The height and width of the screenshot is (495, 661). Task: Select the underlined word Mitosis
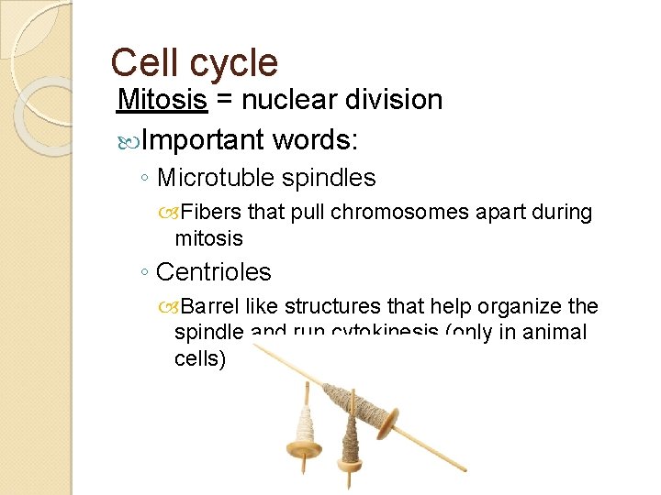click(162, 99)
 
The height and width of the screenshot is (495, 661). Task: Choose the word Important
click(203, 140)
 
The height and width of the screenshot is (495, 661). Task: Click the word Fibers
click(210, 213)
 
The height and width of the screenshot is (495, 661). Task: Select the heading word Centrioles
click(214, 272)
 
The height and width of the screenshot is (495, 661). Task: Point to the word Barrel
click(213, 306)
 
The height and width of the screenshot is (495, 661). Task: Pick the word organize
click(520, 306)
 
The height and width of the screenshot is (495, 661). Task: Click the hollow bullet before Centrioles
click(145, 272)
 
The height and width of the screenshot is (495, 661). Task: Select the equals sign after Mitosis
click(224, 100)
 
